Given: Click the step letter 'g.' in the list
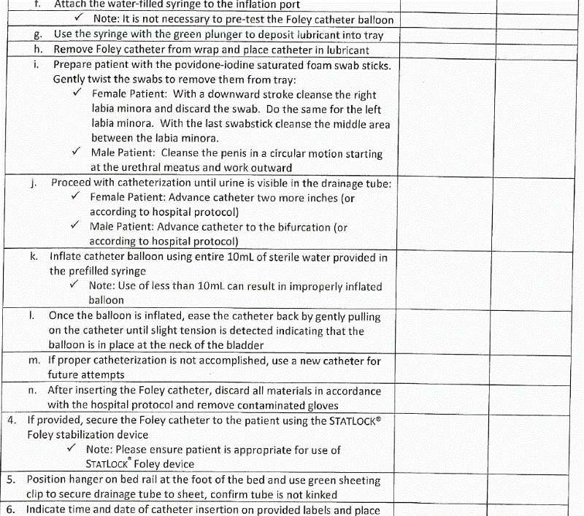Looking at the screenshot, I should [38, 35].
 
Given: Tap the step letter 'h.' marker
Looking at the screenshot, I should [38, 50].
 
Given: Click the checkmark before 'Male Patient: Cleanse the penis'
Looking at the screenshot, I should [77, 153].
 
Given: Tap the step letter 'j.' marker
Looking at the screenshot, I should [34, 182].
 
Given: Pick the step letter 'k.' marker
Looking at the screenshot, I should [34, 256].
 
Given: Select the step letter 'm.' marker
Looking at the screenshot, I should [34, 361].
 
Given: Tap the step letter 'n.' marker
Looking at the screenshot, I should [33, 390].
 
